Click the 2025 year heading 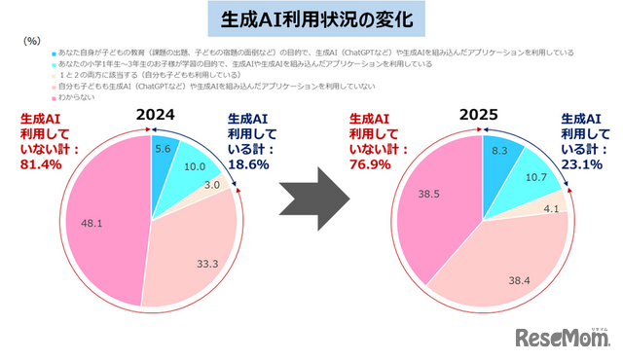[x=479, y=115]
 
